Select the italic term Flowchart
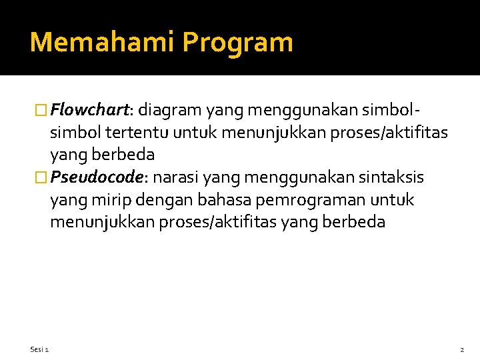92,109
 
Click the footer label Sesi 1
39,350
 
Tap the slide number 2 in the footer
462,350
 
